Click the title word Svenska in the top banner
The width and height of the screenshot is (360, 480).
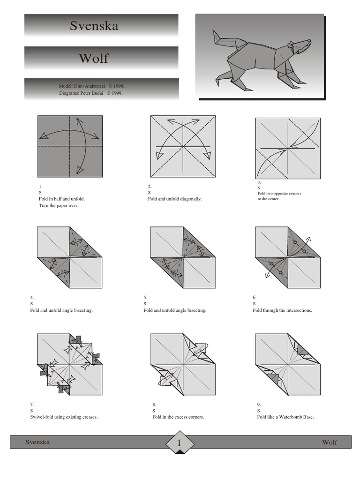coord(94,26)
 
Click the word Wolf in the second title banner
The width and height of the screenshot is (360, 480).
coord(94,58)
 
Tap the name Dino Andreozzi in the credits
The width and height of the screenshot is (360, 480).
coord(88,86)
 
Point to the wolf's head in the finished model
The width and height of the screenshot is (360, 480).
coord(300,46)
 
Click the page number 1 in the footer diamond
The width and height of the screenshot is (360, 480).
coord(179,443)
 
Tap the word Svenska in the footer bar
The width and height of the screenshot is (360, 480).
coord(37,442)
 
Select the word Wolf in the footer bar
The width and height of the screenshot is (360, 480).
coord(329,442)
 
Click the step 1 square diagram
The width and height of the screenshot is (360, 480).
coord(70,147)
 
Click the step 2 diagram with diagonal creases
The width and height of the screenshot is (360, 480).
coord(183,147)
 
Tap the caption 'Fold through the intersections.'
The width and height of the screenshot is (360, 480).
coord(282,310)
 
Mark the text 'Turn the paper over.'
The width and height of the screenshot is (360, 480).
coord(58,205)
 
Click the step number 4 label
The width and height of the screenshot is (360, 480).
coord(32,298)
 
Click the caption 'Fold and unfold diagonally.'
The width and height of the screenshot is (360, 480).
coord(175,199)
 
